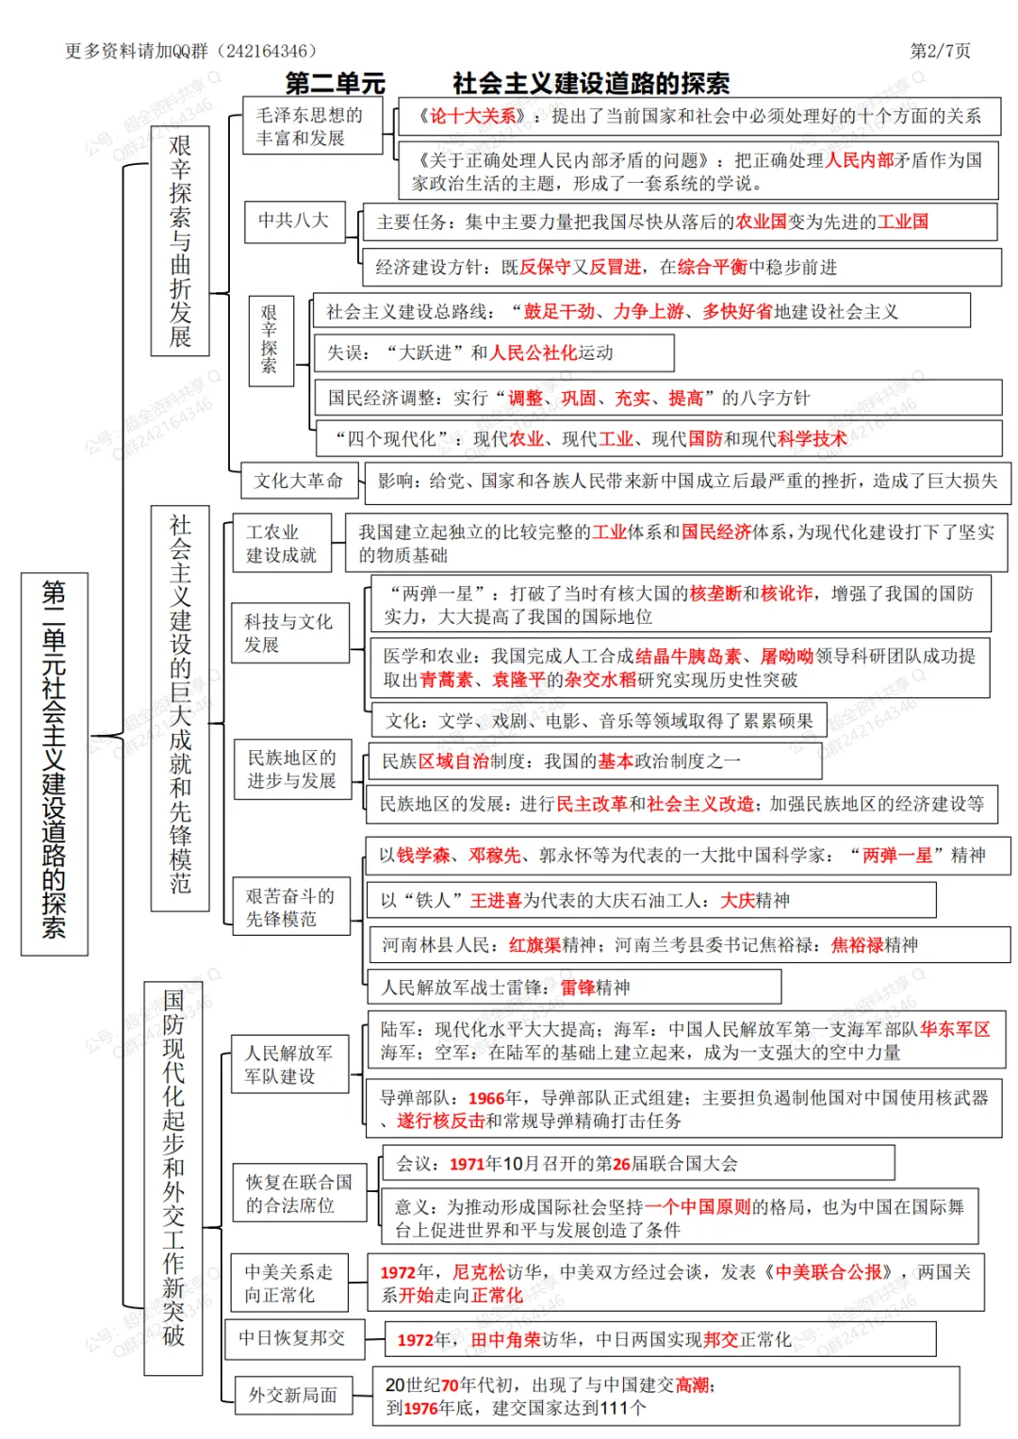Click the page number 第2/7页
coord(939,51)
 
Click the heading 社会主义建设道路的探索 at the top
coord(591,84)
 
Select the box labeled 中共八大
coord(294,221)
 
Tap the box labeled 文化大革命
coord(298,481)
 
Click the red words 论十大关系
coord(472,116)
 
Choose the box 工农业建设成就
coord(281,544)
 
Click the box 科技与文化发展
coord(288,633)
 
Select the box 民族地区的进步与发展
coord(291,769)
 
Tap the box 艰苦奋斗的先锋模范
coord(290,907)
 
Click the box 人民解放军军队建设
coord(288,1064)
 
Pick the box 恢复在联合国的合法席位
coord(299,1193)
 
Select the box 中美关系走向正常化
coord(288,1283)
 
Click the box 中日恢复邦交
coord(292,1338)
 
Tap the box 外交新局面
coord(292,1395)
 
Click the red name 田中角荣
coord(505,1339)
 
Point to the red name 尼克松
coord(479,1272)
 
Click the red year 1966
coord(486,1098)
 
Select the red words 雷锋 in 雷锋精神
coord(578,988)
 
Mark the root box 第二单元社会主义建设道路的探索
coord(55,763)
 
